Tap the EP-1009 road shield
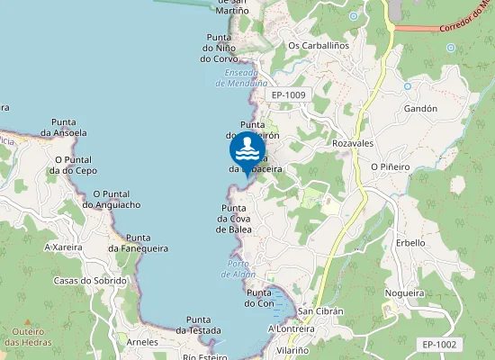[x=289, y=94]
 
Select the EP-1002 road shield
[x=439, y=344]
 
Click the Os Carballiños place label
[x=318, y=45]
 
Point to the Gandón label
[x=420, y=108]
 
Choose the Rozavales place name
[x=353, y=143]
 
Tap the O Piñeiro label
[x=390, y=166]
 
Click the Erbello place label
[x=410, y=243]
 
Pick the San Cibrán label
[x=321, y=311]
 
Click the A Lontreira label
[x=289, y=328]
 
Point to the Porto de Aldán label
[x=238, y=269]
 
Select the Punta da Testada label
[x=198, y=325]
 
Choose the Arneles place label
[x=142, y=342]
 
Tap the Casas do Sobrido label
[x=90, y=281]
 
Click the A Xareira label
[x=63, y=246]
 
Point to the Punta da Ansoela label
[x=69, y=127]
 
